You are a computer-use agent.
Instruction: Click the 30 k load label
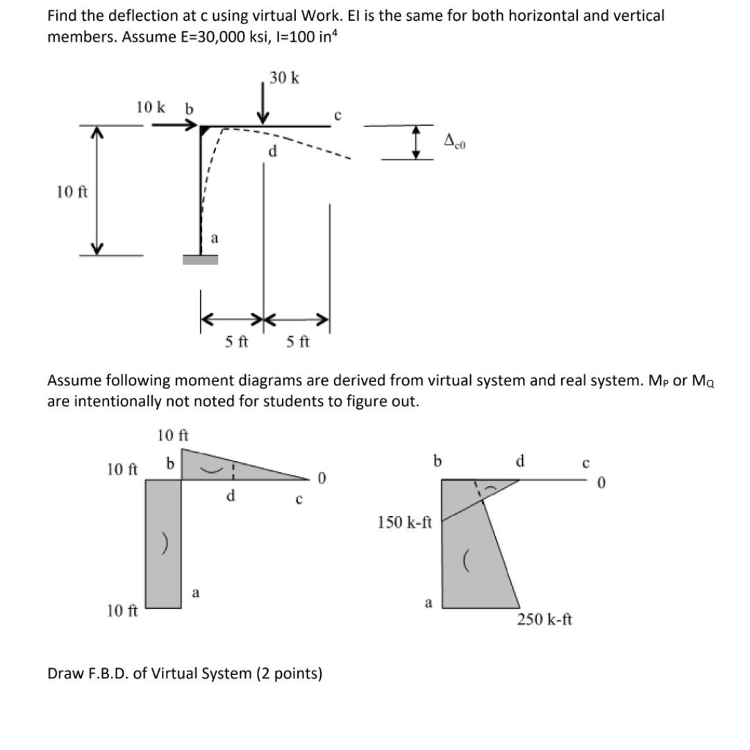285,78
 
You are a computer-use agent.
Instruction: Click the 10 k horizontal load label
151,107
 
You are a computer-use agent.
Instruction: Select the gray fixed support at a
200,259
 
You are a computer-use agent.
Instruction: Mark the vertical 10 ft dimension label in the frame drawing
72,191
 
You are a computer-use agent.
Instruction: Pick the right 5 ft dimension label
298,341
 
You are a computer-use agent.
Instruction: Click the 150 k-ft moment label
406,522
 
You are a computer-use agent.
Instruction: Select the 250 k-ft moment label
544,619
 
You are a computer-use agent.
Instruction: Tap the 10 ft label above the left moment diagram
173,435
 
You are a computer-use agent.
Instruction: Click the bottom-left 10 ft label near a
122,610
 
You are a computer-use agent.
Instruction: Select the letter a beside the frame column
214,237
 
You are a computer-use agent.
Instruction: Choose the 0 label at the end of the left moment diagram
320,478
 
